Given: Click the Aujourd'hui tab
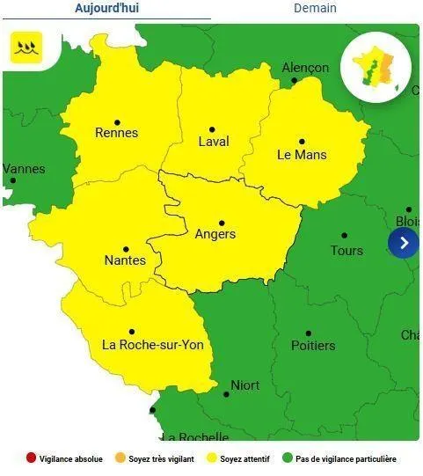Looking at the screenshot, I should click(x=106, y=8).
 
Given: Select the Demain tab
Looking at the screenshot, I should click(x=315, y=8).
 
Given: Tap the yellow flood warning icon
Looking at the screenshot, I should click(x=26, y=47).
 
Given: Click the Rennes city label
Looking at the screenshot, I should click(x=116, y=133).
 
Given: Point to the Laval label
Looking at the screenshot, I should click(x=214, y=142).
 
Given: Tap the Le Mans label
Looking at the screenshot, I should click(x=302, y=155).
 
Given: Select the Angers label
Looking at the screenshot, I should click(x=215, y=235).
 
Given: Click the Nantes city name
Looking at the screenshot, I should click(x=125, y=260).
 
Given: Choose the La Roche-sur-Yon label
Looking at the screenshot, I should click(x=153, y=345).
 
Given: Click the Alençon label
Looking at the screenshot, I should click(x=305, y=68).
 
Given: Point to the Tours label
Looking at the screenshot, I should click(x=346, y=251).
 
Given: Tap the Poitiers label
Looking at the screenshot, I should click(x=313, y=346).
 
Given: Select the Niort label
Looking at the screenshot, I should click(x=244, y=385).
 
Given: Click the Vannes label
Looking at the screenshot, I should click(x=24, y=169).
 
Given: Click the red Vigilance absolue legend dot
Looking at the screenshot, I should click(x=32, y=458).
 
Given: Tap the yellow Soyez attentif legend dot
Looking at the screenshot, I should click(x=212, y=458).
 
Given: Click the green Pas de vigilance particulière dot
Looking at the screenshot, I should click(x=287, y=458).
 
